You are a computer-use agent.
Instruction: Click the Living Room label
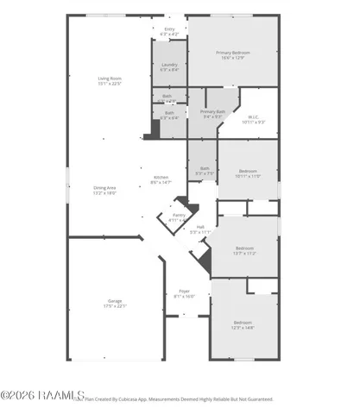(110, 78)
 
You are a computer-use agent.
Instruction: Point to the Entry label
(169, 28)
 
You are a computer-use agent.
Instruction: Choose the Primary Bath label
(212, 111)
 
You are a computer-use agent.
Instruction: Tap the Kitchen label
(161, 177)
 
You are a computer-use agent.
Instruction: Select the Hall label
(200, 227)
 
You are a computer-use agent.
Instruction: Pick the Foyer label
(184, 291)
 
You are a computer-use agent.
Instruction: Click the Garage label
(115, 301)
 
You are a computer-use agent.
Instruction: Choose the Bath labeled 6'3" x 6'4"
(168, 116)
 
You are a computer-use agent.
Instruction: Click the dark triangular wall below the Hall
(205, 256)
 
